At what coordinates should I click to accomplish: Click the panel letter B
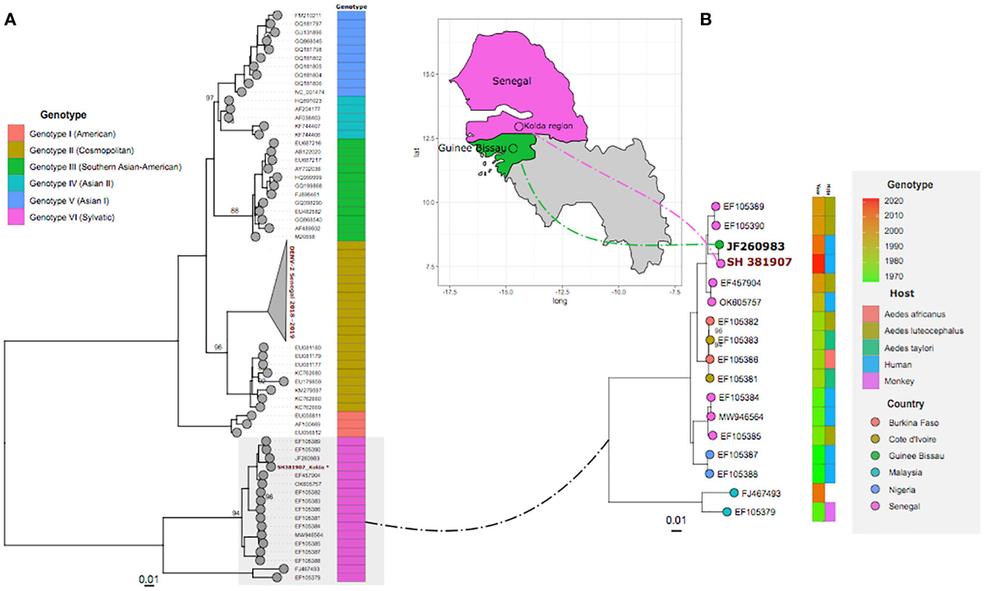pos(705,21)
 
